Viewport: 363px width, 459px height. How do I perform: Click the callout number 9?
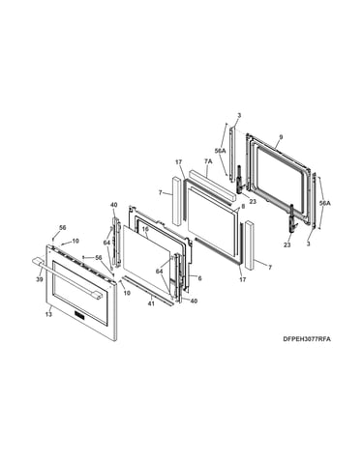click(281, 137)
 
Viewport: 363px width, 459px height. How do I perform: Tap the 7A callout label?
click(208, 161)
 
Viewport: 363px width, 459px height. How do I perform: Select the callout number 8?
click(243, 206)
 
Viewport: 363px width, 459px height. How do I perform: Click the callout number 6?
click(199, 278)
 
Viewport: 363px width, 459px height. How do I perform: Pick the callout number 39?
click(39, 279)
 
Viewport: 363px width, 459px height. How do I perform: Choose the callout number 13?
click(48, 314)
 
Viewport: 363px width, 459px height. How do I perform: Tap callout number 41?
click(152, 303)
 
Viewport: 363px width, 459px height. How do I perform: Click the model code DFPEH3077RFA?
click(307, 339)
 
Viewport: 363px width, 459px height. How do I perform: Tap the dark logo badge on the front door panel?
click(79, 315)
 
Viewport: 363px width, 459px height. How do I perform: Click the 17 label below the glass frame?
click(243, 279)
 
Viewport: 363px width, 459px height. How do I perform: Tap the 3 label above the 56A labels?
click(239, 115)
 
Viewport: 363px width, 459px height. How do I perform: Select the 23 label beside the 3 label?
click(287, 244)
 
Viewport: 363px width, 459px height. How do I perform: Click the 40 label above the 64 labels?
click(114, 205)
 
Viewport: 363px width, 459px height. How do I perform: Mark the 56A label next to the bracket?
click(325, 203)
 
